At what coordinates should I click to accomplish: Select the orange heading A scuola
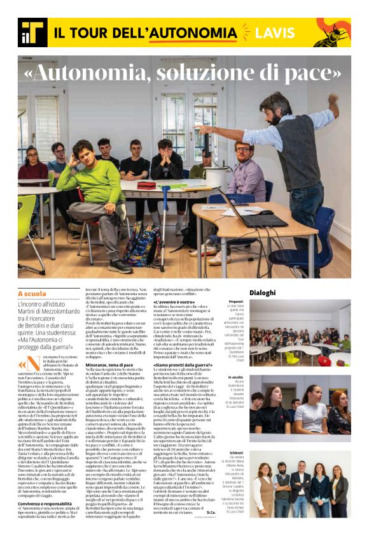pyautogui.click(x=32, y=294)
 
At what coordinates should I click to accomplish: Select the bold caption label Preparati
pyautogui.click(x=236, y=301)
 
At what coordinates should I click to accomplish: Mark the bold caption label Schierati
pyautogui.click(x=237, y=453)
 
